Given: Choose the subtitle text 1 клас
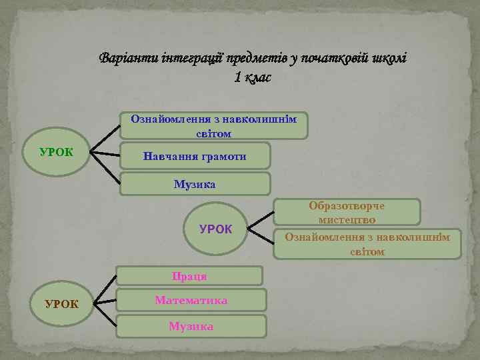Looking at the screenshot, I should pos(253,77).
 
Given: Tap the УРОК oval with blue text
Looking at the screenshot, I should pos(215,229).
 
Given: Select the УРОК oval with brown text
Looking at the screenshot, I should pos(61,304).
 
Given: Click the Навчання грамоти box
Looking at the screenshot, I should pos(195,156).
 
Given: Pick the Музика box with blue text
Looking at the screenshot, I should pos(195,183).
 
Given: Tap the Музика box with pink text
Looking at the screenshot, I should pos(191,326).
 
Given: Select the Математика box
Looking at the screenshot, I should pos(191,300).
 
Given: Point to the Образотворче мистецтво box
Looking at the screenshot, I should pos(347,212).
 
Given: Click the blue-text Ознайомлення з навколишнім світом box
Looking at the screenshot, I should pos(213,125).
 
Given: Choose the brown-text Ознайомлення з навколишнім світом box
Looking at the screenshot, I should pos(367,243).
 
